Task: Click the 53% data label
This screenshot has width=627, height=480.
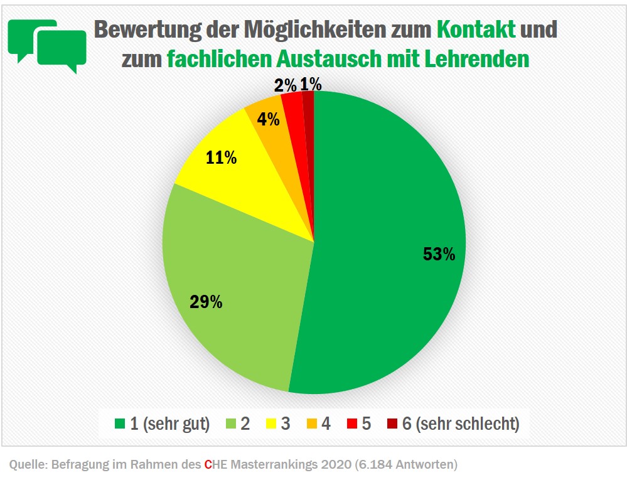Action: click(x=439, y=254)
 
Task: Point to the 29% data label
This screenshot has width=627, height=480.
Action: click(x=206, y=302)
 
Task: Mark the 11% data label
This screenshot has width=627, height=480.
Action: click(x=222, y=157)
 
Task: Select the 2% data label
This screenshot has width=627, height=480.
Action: click(x=285, y=85)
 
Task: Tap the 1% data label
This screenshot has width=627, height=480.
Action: click(x=311, y=83)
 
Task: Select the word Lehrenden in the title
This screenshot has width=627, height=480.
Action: click(x=477, y=59)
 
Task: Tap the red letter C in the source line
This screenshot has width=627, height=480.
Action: click(x=208, y=465)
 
